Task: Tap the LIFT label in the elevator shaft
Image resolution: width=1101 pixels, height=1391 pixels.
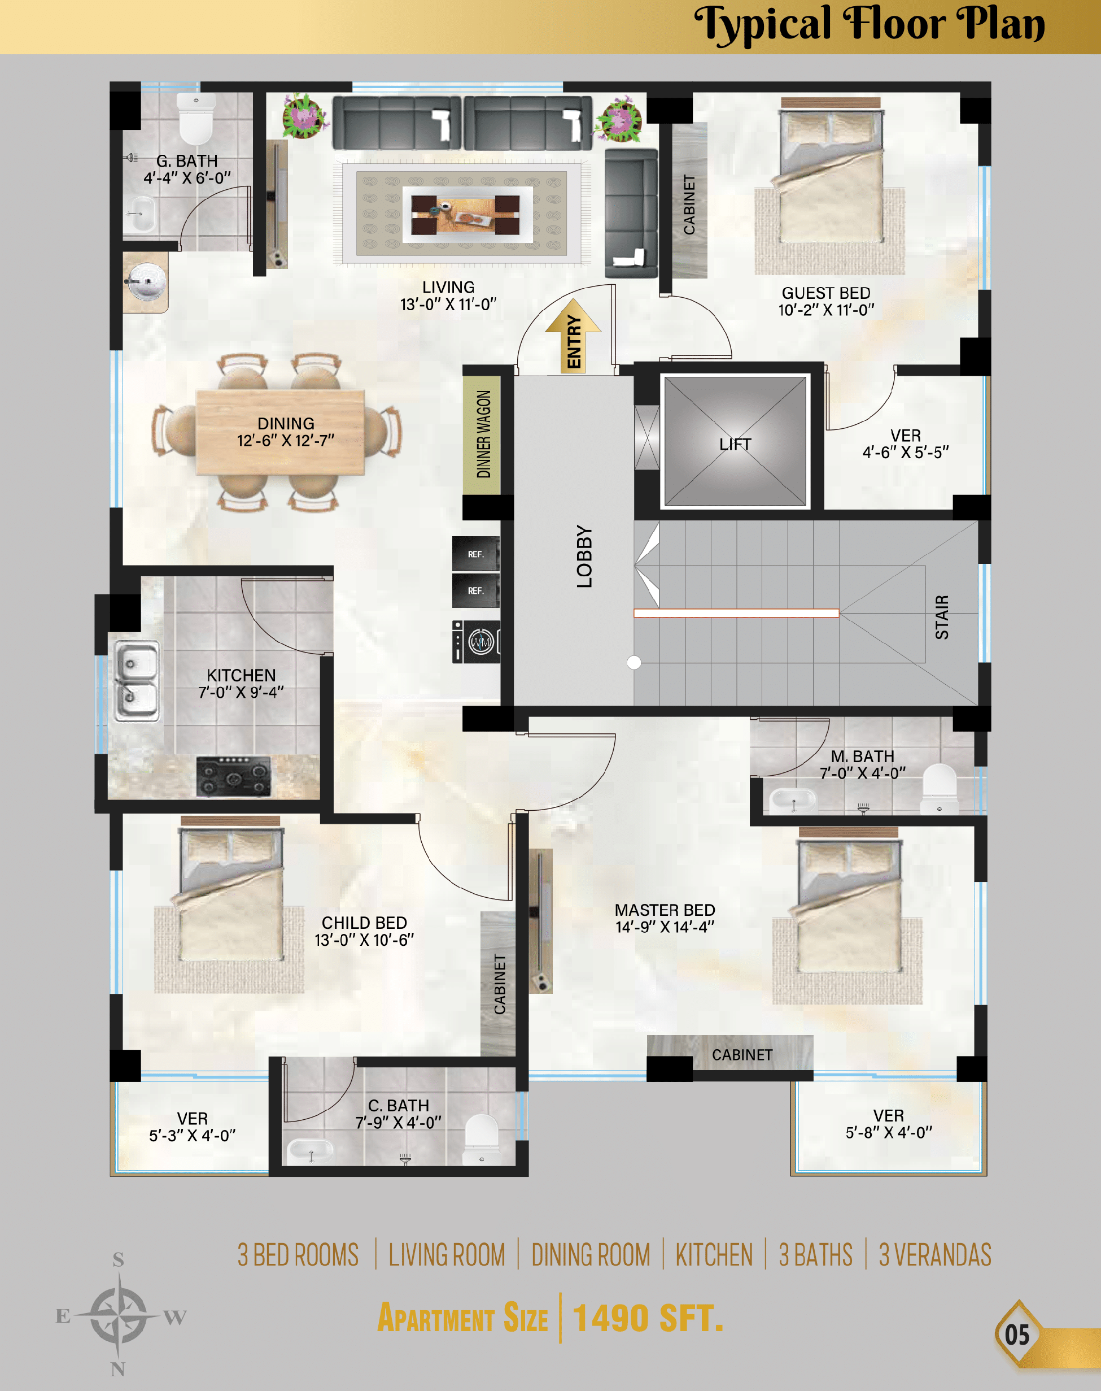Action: tap(735, 444)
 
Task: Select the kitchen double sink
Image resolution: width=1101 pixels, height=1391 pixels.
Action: tap(136, 680)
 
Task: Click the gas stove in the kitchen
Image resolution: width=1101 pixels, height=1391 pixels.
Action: tap(233, 776)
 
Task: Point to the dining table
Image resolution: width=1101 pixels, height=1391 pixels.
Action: tap(279, 432)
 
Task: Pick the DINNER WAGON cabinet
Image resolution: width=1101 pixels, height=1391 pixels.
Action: tap(483, 434)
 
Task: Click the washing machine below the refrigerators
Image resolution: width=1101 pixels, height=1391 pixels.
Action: tap(477, 642)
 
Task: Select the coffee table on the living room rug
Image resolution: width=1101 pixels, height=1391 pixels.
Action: tap(466, 215)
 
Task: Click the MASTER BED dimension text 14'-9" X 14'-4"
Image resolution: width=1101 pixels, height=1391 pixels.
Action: tap(665, 927)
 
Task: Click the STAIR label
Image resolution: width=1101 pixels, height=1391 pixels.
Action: tap(942, 617)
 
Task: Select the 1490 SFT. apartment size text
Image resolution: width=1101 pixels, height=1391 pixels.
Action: tap(647, 1318)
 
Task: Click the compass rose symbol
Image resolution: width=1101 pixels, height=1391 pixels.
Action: tap(118, 1314)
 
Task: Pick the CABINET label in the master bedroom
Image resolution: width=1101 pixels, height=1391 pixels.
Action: tap(741, 1054)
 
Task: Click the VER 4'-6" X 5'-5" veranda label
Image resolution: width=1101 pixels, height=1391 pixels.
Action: tap(905, 444)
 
